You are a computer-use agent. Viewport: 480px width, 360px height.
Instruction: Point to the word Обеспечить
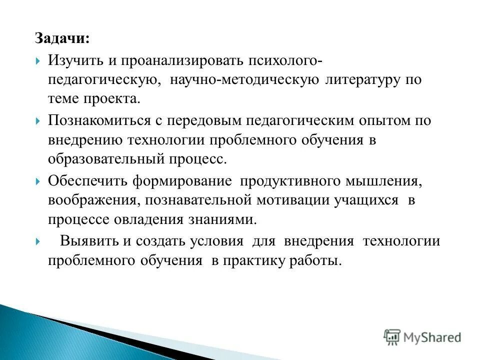pos(87,181)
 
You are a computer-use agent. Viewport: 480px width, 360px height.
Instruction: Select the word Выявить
pos(89,241)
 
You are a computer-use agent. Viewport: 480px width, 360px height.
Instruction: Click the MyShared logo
pos(422,336)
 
